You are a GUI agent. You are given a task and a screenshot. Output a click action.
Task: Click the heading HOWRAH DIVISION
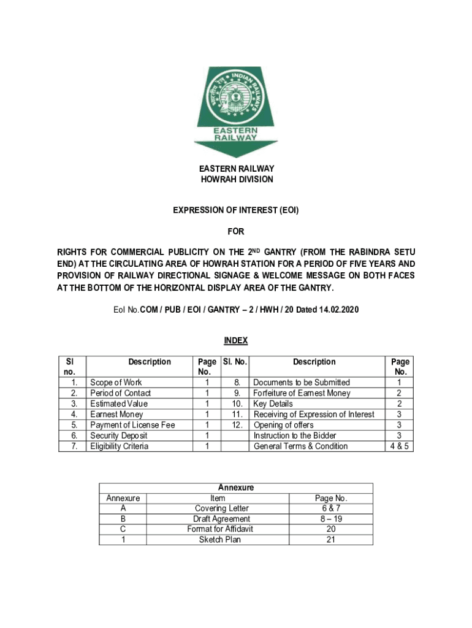tap(237, 180)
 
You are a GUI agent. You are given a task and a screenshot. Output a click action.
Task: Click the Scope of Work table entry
tap(116, 382)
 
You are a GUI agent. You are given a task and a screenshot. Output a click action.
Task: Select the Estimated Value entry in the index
tap(119, 404)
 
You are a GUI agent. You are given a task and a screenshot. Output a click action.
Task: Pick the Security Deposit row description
tap(120, 435)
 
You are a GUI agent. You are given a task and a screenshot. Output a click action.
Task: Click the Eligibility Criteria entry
tap(120, 446)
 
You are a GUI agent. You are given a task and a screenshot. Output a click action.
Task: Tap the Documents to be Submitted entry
tap(302, 382)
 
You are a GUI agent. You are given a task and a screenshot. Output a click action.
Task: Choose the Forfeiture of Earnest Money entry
tap(302, 393)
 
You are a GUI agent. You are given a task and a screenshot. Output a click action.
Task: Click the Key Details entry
tap(273, 404)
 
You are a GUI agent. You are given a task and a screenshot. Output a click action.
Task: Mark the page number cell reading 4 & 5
tap(400, 446)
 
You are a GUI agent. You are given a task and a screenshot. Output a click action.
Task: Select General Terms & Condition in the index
tap(300, 446)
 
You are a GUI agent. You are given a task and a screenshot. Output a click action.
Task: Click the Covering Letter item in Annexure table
tap(221, 508)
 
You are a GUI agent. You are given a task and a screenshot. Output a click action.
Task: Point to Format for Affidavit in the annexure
tap(221, 529)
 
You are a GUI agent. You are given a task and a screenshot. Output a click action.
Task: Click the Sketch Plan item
tap(220, 540)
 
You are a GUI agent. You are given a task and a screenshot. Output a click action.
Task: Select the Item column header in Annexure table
tap(217, 498)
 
